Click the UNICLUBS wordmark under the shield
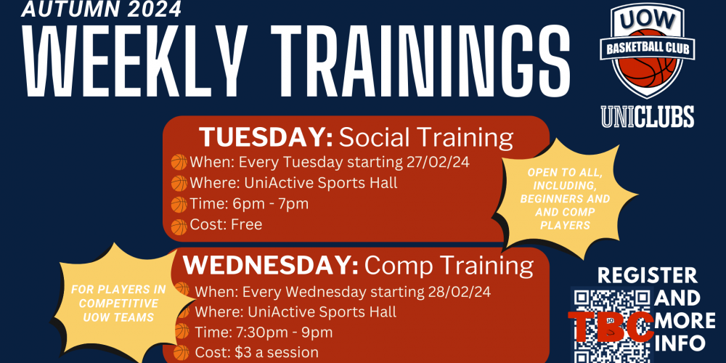tap(648, 116)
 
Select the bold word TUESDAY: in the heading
tap(266, 137)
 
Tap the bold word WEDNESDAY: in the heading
tap(271, 266)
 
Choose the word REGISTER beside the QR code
tap(648, 275)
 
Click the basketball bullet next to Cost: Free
tap(179, 227)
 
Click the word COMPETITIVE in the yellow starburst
tap(118, 304)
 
